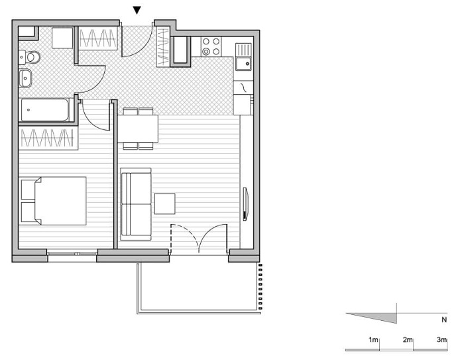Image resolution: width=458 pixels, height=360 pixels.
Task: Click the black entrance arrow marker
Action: pyautogui.click(x=137, y=11)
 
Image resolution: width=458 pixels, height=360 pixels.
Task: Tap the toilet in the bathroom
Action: pyautogui.click(x=30, y=57)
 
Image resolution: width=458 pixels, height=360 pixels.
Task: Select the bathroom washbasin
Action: pyautogui.click(x=25, y=78)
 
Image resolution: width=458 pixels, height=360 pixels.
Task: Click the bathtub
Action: pyautogui.click(x=45, y=110)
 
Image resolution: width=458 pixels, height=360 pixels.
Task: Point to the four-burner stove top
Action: pyautogui.click(x=211, y=46)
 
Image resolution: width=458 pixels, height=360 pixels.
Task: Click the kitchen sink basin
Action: pyautogui.click(x=244, y=64)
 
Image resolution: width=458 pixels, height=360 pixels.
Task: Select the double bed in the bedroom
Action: pyautogui.click(x=54, y=201)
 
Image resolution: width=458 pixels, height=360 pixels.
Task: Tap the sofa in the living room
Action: pyautogui.click(x=136, y=204)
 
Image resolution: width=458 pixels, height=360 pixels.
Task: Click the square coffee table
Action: pyautogui.click(x=165, y=204)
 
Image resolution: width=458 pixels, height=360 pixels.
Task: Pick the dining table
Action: pyautogui.click(x=138, y=129)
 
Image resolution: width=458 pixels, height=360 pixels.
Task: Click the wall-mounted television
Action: pyautogui.click(x=246, y=204)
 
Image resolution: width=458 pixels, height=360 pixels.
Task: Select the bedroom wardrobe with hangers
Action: pyautogui.click(x=48, y=138)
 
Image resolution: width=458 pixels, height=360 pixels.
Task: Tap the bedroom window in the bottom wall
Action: pyautogui.click(x=72, y=254)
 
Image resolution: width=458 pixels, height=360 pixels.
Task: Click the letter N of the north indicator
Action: pyautogui.click(x=444, y=320)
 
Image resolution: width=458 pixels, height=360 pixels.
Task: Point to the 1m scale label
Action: pyautogui.click(x=373, y=340)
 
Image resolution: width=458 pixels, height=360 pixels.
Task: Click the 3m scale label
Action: pyautogui.click(x=441, y=339)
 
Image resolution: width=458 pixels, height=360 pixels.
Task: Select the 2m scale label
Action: pyautogui.click(x=408, y=340)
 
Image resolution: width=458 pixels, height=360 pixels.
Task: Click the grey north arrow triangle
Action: pyautogui.click(x=380, y=317)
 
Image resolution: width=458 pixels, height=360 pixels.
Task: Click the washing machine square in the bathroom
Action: pyautogui.click(x=62, y=38)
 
